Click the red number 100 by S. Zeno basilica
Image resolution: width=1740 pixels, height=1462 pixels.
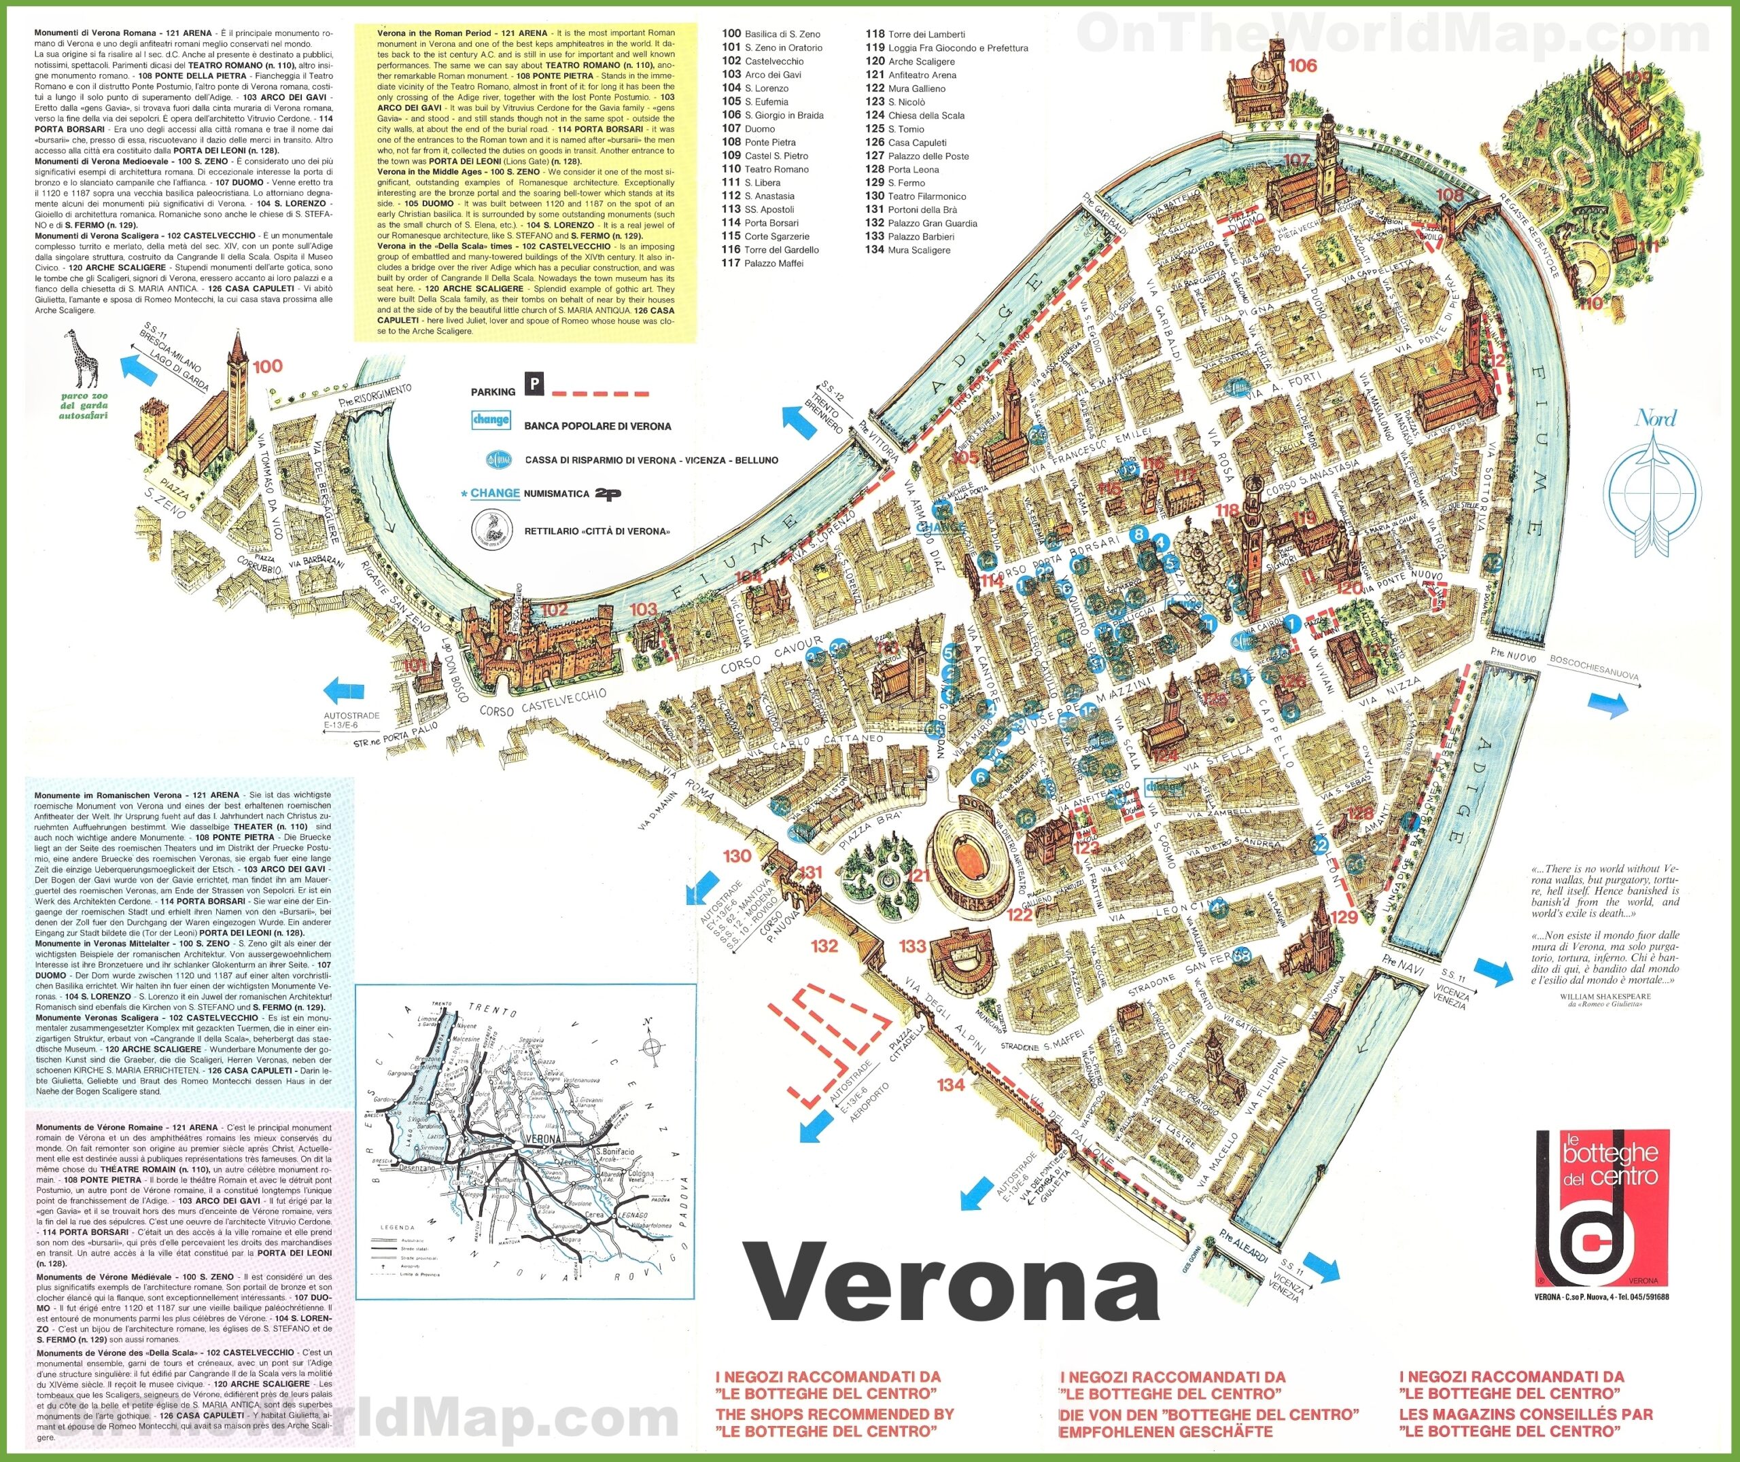click(268, 366)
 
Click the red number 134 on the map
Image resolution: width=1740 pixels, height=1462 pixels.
click(951, 1084)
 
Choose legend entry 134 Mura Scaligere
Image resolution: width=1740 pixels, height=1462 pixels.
click(907, 249)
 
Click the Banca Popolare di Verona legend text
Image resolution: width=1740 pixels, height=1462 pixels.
click(597, 426)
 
